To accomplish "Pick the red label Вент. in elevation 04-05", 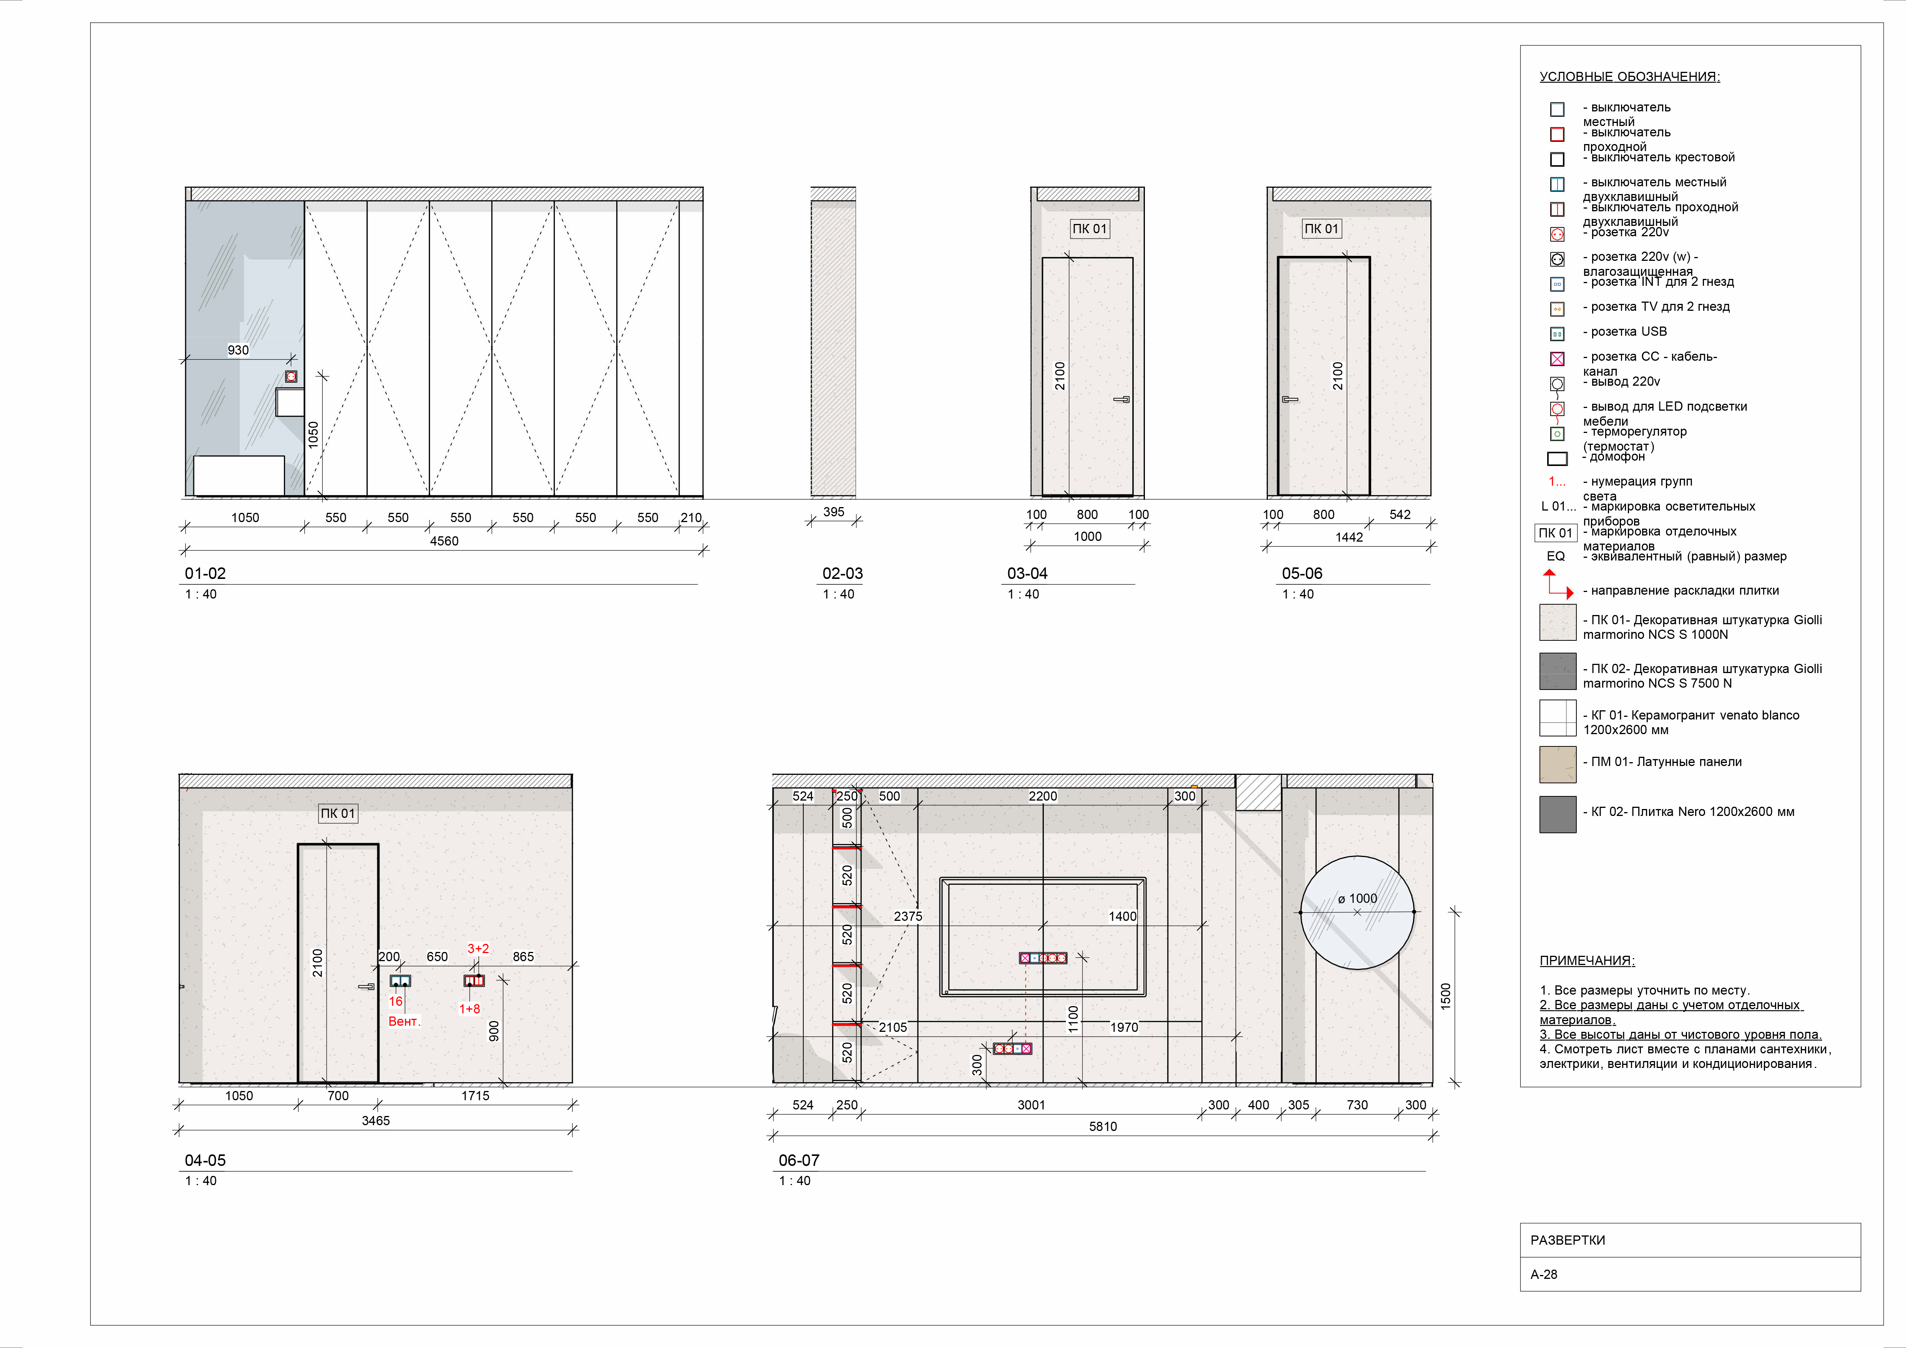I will click(x=404, y=1021).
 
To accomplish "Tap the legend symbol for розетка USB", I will click(x=1558, y=334).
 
